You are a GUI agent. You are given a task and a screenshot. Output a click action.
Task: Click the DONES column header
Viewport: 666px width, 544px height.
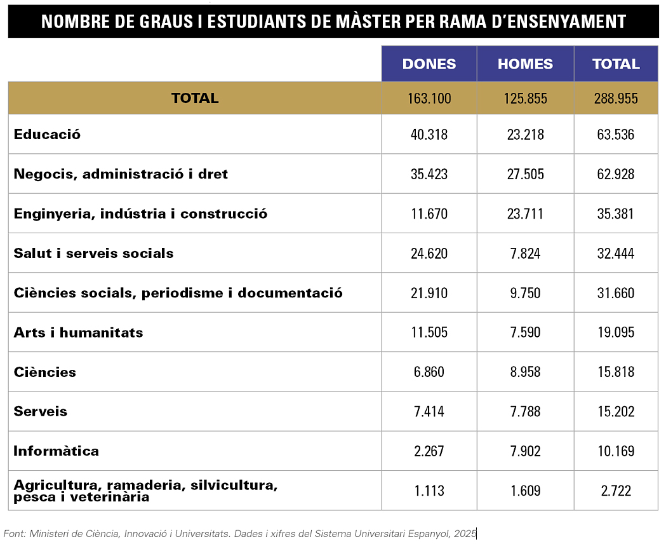tap(429, 64)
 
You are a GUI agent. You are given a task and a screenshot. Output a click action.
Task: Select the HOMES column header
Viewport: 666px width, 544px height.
tap(525, 64)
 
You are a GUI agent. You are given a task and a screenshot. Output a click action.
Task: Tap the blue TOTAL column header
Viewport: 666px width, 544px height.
tap(616, 64)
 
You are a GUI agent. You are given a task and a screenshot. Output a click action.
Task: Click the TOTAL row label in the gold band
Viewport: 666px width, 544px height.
tap(195, 99)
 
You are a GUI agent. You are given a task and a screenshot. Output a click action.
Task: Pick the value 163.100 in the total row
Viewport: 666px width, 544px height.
tap(429, 99)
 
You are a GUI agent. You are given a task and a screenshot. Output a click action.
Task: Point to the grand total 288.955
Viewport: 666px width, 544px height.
tap(616, 99)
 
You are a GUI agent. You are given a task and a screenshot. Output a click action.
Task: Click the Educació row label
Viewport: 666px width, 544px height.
tap(48, 135)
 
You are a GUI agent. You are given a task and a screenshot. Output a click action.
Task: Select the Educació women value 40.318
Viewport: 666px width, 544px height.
tap(429, 135)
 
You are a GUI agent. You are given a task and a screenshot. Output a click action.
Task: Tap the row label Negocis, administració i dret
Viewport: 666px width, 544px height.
tap(121, 174)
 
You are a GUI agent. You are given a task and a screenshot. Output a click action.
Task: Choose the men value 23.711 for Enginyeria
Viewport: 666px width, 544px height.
tap(525, 214)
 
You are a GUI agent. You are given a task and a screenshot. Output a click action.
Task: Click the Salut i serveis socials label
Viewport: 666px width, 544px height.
tap(93, 253)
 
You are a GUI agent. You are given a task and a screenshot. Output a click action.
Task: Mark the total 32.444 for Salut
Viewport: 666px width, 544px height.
tap(616, 253)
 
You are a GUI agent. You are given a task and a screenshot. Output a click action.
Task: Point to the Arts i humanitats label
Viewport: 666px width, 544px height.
tap(78, 332)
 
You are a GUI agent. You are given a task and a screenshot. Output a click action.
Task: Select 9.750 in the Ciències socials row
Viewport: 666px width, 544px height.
tap(525, 293)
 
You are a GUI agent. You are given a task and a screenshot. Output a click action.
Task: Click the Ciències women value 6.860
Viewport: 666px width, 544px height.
tap(429, 372)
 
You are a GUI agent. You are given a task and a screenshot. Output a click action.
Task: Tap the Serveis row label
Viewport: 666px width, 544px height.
tap(41, 411)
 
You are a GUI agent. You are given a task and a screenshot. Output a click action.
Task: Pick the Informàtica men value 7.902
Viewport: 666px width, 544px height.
tap(525, 451)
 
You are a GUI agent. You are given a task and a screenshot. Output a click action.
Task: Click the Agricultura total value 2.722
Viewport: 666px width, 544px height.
tap(616, 491)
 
